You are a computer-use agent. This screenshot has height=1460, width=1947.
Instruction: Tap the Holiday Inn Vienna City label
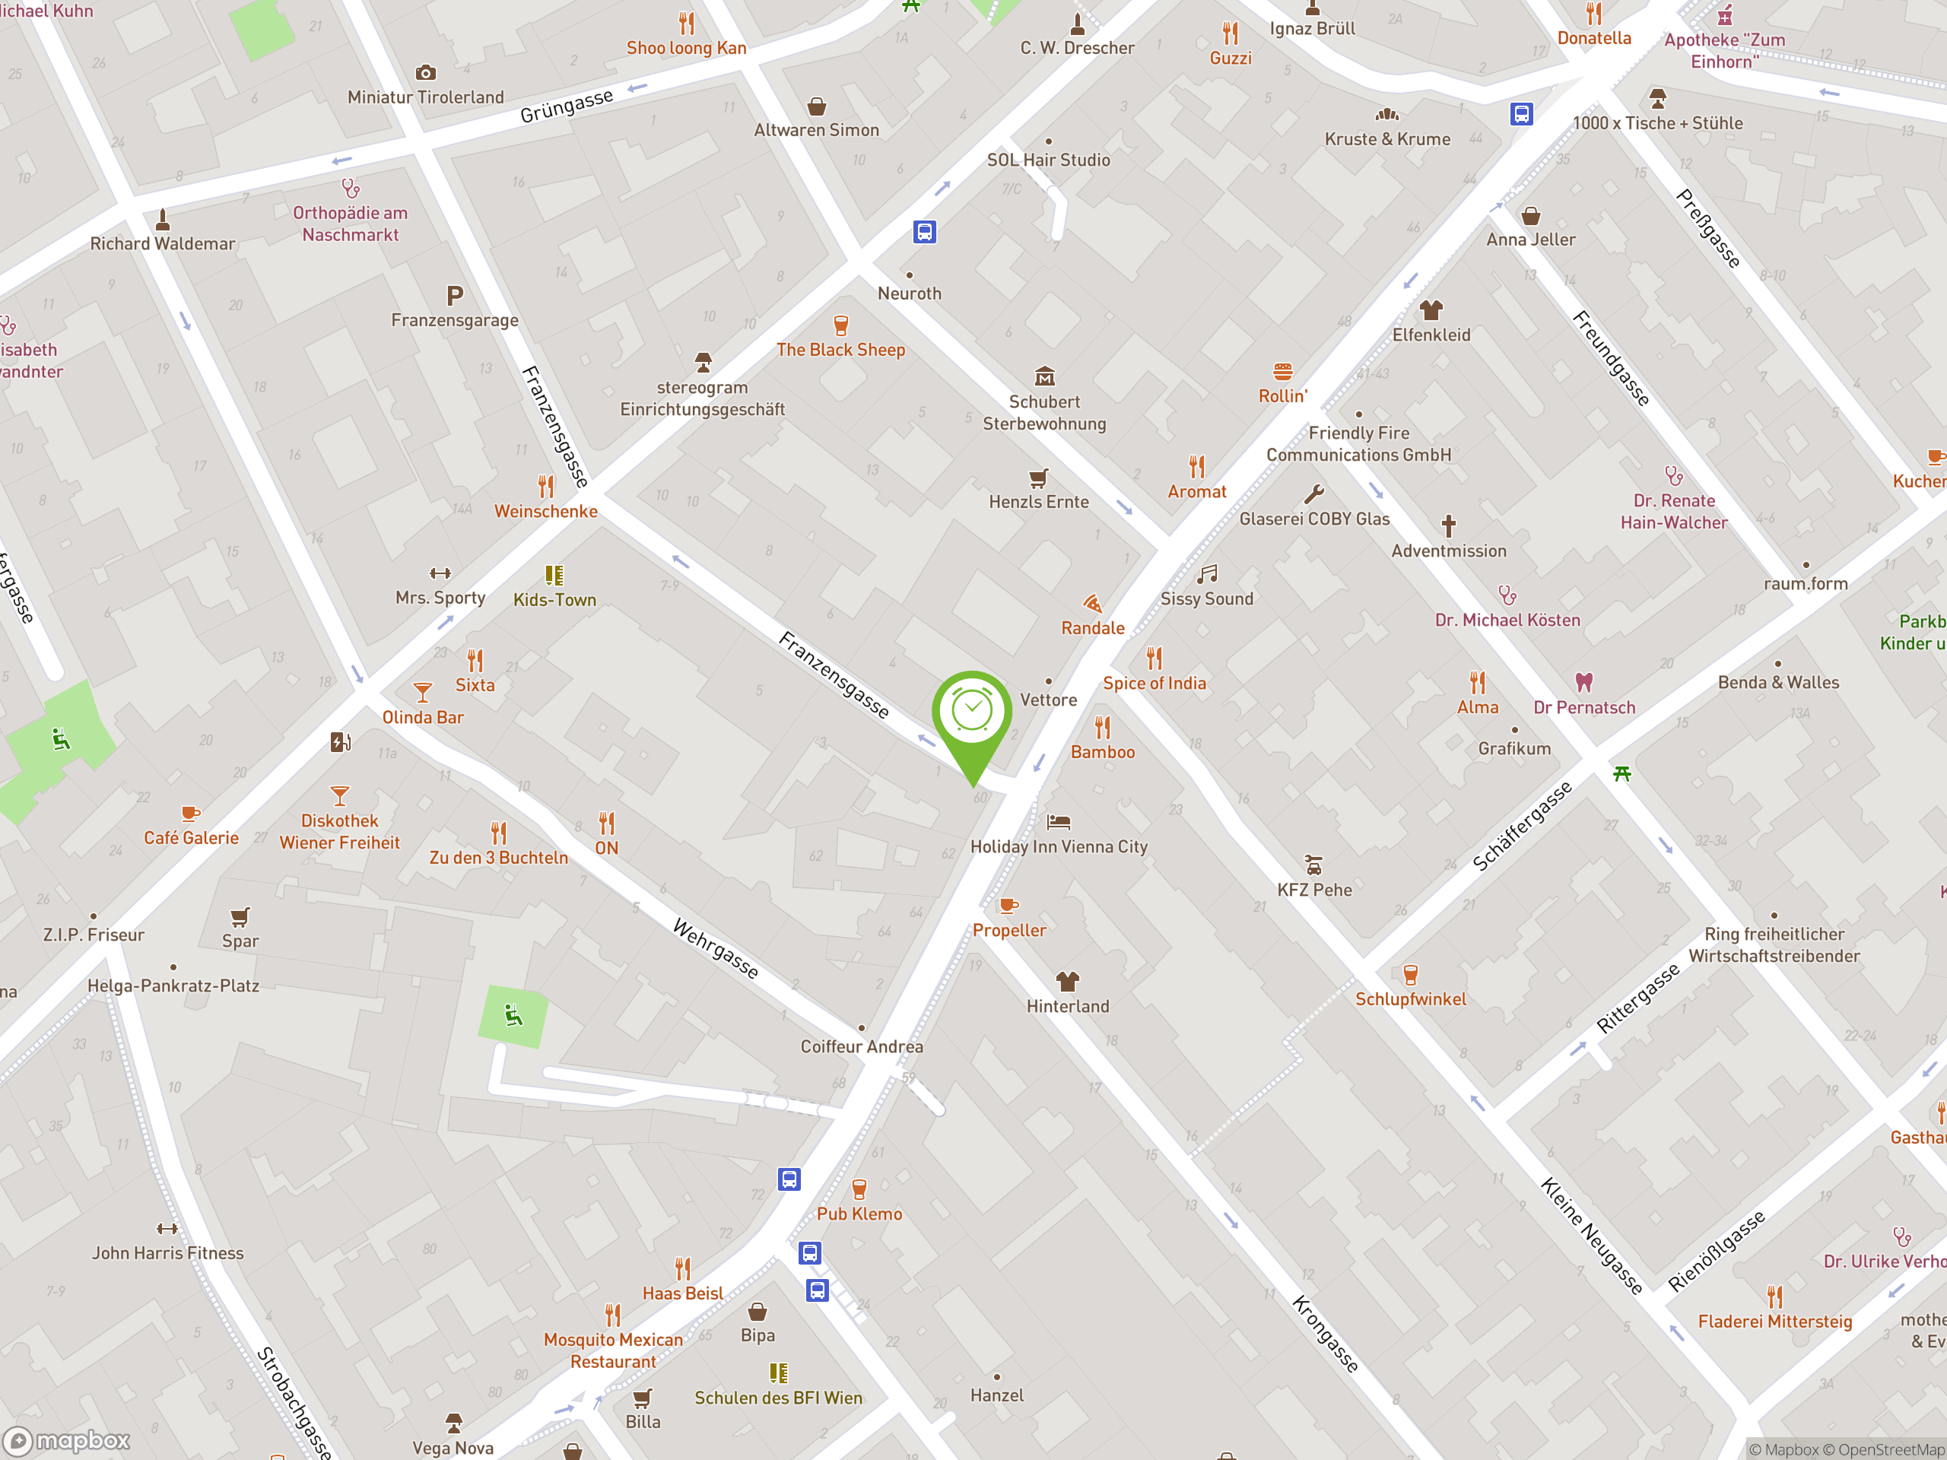[x=1059, y=846]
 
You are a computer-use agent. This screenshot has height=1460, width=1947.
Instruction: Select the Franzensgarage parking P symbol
[x=454, y=296]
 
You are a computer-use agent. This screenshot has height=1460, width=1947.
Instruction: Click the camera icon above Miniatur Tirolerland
[x=425, y=72]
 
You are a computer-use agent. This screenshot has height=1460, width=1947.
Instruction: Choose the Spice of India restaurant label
[x=1154, y=683]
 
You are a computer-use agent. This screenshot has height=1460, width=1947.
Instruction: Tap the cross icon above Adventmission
[x=1448, y=526]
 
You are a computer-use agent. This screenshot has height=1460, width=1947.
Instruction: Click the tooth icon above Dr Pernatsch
[x=1583, y=682]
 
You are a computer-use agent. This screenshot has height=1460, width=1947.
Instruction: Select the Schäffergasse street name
[x=1522, y=827]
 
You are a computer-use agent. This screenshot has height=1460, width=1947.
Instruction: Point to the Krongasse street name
[x=1325, y=1333]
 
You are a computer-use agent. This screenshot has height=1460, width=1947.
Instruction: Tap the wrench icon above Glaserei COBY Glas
[x=1313, y=494]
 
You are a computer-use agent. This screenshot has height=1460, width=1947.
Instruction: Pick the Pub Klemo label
[x=859, y=1214]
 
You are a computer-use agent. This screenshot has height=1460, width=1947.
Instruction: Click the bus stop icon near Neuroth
[x=924, y=233]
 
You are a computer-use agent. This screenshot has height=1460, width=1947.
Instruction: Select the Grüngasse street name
[x=566, y=106]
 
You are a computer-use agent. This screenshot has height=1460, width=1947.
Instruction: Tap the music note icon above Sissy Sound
[x=1207, y=575]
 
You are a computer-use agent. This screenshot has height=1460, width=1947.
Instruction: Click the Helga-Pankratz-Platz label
[x=173, y=985]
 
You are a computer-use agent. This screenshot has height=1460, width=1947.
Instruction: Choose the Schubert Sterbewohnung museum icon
[x=1044, y=376]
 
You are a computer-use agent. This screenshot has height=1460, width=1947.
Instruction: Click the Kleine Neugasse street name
[x=1591, y=1236]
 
